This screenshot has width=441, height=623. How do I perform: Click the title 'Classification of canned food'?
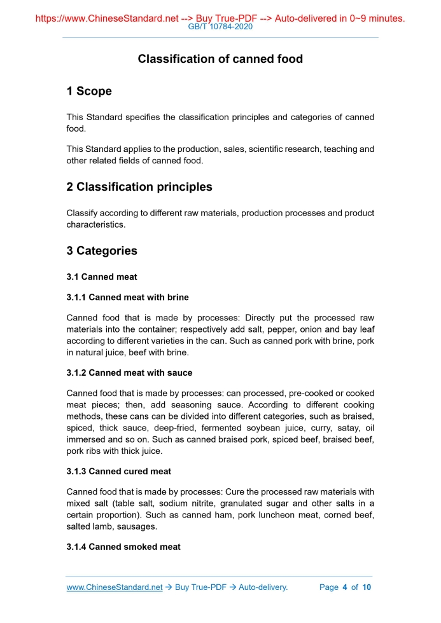click(x=220, y=59)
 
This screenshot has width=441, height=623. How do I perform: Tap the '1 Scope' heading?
click(x=89, y=92)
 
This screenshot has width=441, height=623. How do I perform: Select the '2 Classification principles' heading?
click(x=139, y=187)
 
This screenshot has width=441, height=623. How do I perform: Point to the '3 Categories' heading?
click(x=102, y=250)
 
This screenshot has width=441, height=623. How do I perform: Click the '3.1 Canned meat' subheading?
click(x=102, y=277)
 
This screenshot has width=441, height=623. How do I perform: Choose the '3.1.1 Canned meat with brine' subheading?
click(x=127, y=297)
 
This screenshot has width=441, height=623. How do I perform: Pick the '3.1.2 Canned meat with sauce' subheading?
click(x=129, y=373)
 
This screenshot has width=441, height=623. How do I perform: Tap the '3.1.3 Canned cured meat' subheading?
click(x=118, y=471)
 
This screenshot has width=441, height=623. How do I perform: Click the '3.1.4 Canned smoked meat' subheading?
click(x=123, y=547)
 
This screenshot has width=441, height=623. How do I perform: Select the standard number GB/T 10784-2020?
click(x=220, y=27)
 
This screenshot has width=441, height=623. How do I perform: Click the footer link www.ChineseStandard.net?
click(x=115, y=587)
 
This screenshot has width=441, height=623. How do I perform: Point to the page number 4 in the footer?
click(x=344, y=587)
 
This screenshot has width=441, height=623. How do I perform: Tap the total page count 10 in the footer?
click(x=366, y=587)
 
